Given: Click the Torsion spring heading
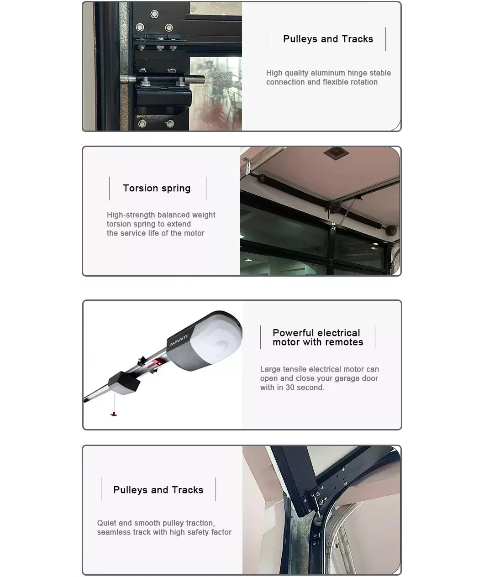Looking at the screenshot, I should click(x=157, y=189).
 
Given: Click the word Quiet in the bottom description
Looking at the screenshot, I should click(x=107, y=523).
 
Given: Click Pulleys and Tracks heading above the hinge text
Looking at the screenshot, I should click(x=328, y=39).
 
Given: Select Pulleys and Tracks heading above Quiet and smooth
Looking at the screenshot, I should click(x=158, y=490).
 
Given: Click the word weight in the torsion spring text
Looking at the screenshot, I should click(x=203, y=215).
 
